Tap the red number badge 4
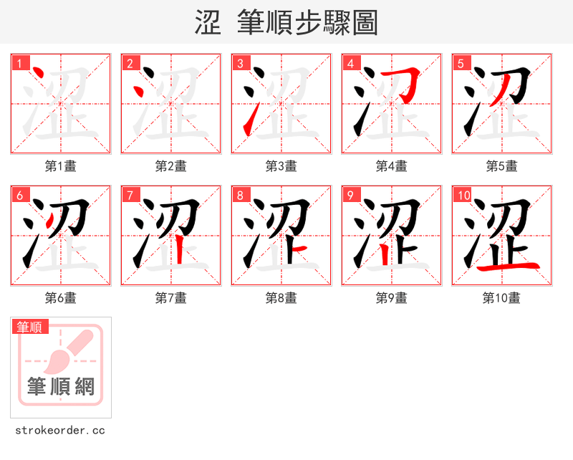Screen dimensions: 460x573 (x=351, y=63)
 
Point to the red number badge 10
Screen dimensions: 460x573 (x=463, y=195)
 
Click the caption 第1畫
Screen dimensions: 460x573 (x=60, y=166)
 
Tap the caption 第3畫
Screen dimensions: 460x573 (x=281, y=166)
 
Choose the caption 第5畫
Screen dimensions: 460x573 (x=501, y=166)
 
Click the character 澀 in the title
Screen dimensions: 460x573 (x=208, y=22)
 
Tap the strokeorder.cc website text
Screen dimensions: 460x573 (x=60, y=431)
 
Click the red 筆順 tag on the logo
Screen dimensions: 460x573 (x=31, y=327)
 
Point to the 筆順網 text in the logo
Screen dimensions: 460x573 (x=61, y=387)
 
